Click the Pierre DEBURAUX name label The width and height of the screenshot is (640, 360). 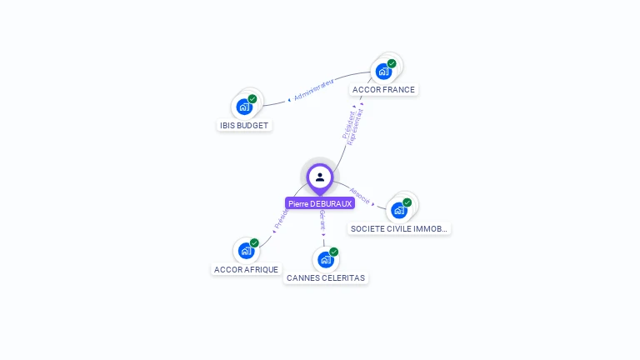(320, 203)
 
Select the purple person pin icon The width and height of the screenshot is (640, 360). (320, 177)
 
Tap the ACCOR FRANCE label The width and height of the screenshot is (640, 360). (383, 89)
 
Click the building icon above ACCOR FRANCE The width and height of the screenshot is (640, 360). (383, 71)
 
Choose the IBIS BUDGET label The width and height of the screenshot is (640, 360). (244, 125)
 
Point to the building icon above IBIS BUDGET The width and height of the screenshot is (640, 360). (244, 107)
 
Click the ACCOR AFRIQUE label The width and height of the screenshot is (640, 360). (246, 269)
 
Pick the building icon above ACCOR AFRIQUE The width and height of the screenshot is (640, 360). (246, 250)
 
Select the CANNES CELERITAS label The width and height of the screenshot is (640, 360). (326, 277)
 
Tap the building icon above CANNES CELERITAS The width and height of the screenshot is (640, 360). (325, 259)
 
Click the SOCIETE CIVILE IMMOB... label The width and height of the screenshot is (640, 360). (399, 228)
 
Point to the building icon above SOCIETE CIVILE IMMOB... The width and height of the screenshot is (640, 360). (399, 210)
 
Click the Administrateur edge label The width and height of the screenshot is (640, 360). (313, 90)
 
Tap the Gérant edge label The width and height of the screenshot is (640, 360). (322, 221)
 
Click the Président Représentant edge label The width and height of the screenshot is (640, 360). (353, 127)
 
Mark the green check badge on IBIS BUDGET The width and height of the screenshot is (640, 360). (252, 99)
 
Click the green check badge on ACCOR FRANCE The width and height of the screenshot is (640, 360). (392, 63)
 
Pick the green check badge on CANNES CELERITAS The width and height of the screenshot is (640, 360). (333, 252)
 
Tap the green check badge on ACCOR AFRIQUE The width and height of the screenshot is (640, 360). (254, 242)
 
